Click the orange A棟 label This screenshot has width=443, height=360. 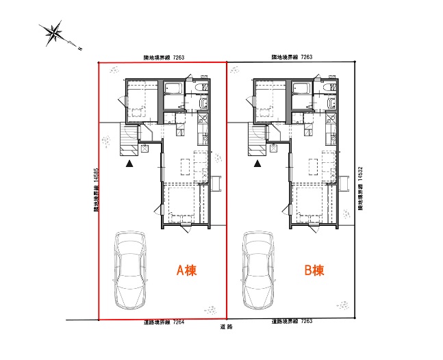pos(186,270)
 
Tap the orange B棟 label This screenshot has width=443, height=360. pos(314,270)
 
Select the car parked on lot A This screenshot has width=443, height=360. pos(130,270)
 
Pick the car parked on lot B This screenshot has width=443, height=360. pos(257,270)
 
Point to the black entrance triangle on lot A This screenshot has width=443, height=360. pos(129,164)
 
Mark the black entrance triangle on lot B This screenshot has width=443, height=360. pos(257,164)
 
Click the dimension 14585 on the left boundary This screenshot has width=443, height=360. pos(96,175)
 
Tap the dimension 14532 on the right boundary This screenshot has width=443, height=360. pos(360,173)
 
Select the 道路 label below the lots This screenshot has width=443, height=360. pos(226,327)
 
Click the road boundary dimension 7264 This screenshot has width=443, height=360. pos(179,322)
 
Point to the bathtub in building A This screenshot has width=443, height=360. pos(173,88)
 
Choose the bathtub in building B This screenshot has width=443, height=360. pos(301,88)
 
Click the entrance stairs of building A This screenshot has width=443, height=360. pos(129,139)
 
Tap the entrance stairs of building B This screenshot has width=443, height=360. pos(257,139)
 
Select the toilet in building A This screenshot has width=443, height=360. pos(202,87)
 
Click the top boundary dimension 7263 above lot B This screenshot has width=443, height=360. pos(307,57)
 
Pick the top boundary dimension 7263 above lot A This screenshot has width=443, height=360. pos(179,57)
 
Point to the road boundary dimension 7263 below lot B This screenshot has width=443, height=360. pos(307,321)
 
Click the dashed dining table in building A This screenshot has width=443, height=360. pos(186,166)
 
